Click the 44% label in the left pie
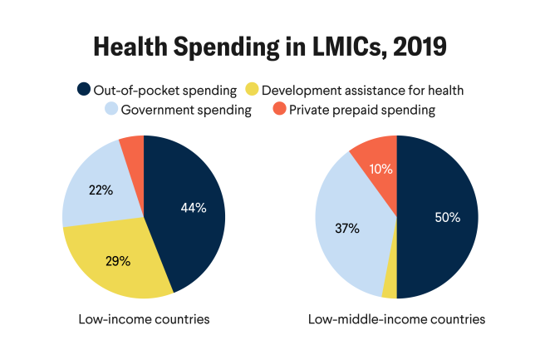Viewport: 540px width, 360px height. (x=193, y=208)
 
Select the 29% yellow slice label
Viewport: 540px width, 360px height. (x=117, y=260)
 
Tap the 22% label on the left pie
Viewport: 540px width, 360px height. (x=101, y=190)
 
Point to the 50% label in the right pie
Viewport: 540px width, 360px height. (x=447, y=217)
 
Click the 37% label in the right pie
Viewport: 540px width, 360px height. (x=346, y=228)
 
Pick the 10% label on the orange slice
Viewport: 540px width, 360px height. (x=381, y=169)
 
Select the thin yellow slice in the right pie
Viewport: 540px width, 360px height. (x=390, y=287)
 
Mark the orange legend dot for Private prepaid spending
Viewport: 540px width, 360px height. (x=277, y=110)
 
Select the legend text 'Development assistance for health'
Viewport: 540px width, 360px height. (x=361, y=89)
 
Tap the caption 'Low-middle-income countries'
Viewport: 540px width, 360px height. (x=396, y=319)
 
